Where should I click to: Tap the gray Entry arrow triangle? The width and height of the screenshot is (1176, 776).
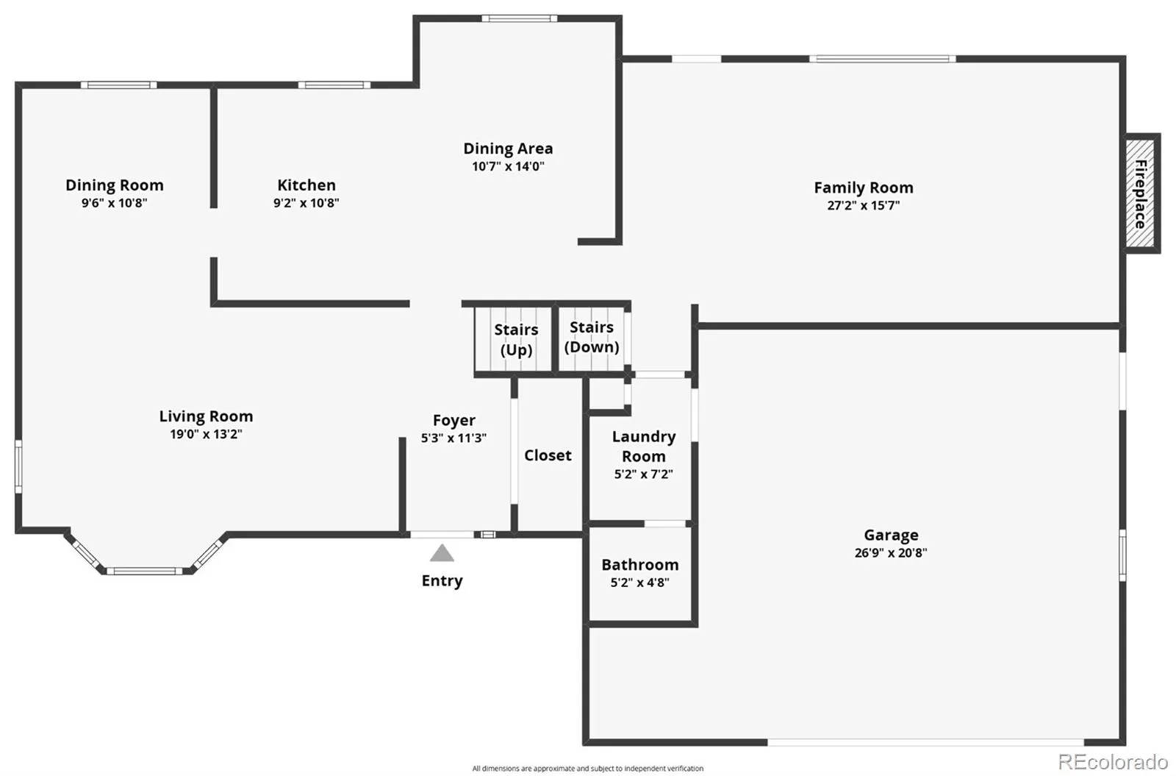click(442, 552)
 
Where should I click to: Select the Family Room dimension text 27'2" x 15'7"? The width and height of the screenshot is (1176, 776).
click(863, 205)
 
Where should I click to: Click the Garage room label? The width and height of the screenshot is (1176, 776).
click(891, 535)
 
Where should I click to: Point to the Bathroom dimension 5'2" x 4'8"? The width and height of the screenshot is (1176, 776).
click(639, 582)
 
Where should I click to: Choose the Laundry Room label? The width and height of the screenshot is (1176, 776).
click(644, 446)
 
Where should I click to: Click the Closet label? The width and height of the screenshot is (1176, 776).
click(548, 455)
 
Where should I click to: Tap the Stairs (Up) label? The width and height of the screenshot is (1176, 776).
click(516, 339)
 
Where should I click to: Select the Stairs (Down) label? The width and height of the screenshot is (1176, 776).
click(592, 337)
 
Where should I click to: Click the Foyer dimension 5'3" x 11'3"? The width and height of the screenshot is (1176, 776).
click(453, 438)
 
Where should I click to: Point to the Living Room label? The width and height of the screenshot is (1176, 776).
click(206, 416)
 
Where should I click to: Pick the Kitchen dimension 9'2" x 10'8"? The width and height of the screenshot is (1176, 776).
click(306, 203)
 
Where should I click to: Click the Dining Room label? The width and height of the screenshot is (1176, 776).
click(115, 185)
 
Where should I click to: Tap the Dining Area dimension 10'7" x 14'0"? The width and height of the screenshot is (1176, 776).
click(508, 166)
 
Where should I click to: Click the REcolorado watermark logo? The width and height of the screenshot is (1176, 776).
click(1113, 761)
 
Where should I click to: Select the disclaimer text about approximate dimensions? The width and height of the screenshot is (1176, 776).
click(587, 768)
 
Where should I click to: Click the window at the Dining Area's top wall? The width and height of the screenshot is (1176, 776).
click(519, 18)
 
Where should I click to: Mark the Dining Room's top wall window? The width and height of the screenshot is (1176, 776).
click(118, 85)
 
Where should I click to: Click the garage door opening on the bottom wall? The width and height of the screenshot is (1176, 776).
click(925, 742)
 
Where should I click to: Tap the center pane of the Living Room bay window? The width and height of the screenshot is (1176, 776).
click(144, 571)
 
